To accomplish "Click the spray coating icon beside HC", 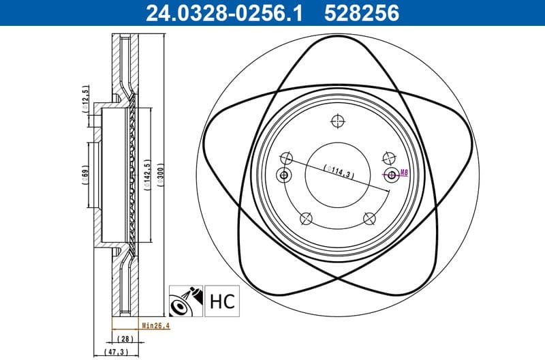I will [185, 300].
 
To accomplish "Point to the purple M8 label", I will [403, 173].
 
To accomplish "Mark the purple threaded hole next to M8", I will [392, 175].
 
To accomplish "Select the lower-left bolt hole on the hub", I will [305, 218].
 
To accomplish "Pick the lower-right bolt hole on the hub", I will [369, 218].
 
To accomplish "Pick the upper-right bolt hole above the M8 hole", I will [388, 155].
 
